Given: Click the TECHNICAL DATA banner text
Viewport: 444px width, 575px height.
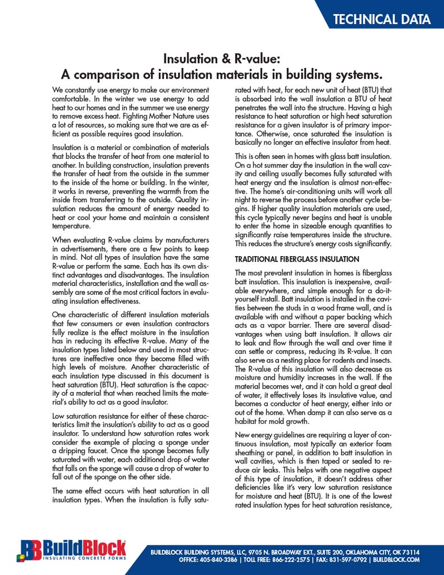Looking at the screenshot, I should [x=382, y=19].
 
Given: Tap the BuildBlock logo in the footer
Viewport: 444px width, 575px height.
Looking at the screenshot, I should [x=72, y=550].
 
